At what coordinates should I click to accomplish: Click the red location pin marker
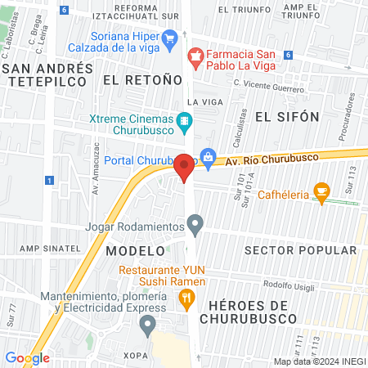click(x=185, y=165)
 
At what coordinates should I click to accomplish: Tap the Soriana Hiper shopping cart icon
click(x=170, y=38)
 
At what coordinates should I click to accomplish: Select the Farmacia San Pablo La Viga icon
click(x=195, y=56)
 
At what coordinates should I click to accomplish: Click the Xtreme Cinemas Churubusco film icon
click(x=186, y=123)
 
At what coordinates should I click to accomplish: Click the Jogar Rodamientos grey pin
click(x=195, y=222)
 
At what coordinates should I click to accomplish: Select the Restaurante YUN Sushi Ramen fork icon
click(x=187, y=299)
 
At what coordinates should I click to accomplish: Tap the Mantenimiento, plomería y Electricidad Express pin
click(x=147, y=325)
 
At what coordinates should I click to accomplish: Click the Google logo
click(x=27, y=357)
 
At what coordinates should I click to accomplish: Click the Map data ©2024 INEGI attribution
click(x=319, y=361)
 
